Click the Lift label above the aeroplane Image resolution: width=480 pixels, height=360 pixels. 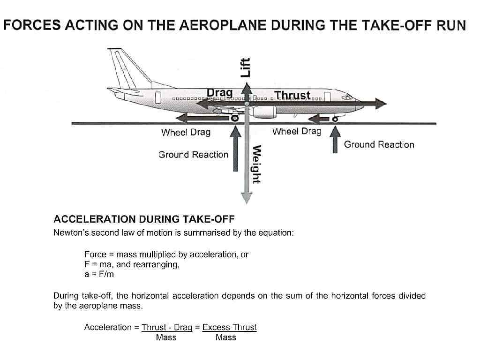click(246, 67)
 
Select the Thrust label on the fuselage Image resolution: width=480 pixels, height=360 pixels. click(292, 95)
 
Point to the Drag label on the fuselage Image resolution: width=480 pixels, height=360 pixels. click(219, 93)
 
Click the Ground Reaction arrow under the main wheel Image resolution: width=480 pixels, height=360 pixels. click(237, 150)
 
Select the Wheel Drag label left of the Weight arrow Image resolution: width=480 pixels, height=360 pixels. click(186, 132)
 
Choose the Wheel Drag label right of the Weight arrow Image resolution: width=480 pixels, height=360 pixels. click(296, 131)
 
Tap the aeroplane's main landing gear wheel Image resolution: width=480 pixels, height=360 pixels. click(234, 118)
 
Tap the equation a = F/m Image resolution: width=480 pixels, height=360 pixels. click(99, 274)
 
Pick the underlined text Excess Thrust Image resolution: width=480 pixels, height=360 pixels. click(229, 327)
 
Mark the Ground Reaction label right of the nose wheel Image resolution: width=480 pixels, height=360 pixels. click(379, 144)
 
